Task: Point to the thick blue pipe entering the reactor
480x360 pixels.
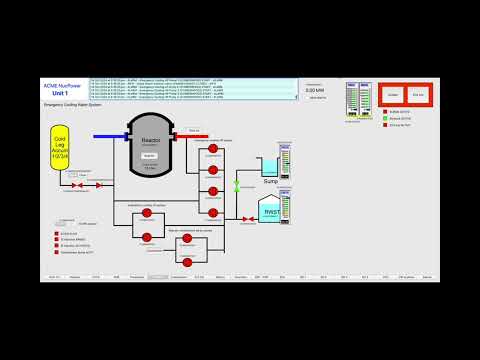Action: pos(110,135)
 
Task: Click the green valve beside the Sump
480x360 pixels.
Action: pos(237,185)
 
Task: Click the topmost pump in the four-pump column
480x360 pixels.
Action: pos(212,149)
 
